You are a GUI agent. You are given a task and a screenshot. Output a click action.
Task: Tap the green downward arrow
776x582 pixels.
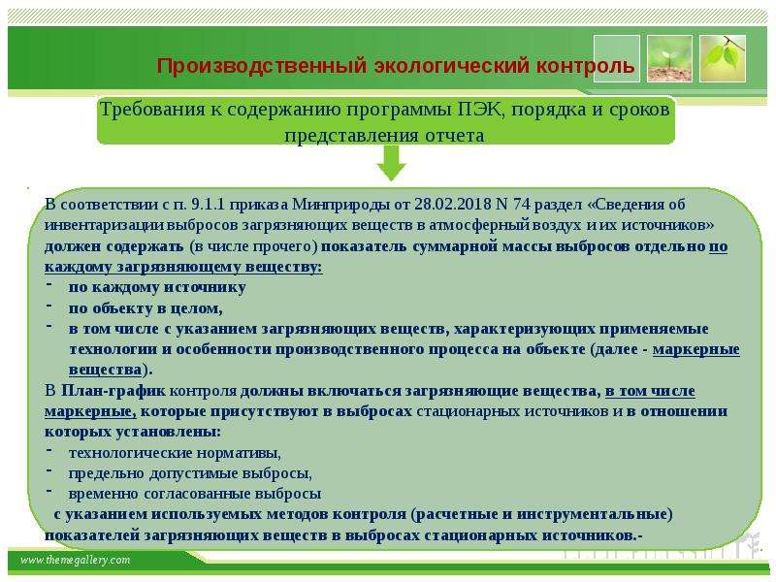tap(392, 164)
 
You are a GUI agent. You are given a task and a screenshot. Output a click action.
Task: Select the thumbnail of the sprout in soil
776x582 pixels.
tap(669, 58)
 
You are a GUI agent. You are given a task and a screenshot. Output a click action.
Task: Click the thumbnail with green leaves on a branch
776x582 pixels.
tap(723, 58)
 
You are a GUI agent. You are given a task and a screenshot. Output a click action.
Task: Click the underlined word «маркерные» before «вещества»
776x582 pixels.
tap(695, 349)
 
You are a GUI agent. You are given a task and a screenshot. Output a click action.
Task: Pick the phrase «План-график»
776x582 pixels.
tap(113, 391)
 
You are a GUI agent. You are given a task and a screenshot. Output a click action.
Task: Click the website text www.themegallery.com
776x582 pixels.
tap(76, 560)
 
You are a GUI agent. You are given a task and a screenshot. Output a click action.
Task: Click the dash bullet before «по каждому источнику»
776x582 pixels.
tap(49, 284)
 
